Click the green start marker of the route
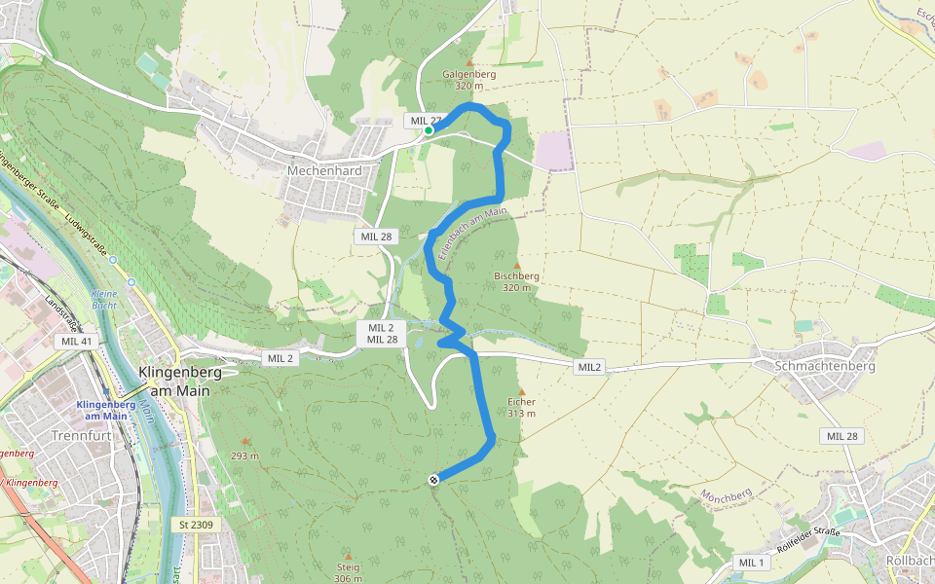coord(429,130)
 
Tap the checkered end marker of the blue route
coord(433,478)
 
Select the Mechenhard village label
coord(324,170)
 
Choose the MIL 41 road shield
coord(76,341)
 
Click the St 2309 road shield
coord(196,525)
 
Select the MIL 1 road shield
coord(752,563)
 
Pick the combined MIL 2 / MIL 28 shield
coord(382,333)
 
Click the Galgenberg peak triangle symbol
coord(469,62)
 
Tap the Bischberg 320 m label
coord(516,281)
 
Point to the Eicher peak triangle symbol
coord(522,391)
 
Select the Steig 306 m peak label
coord(348,573)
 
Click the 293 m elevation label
coord(244,456)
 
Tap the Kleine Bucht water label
coord(103,299)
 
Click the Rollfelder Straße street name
coord(806,537)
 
